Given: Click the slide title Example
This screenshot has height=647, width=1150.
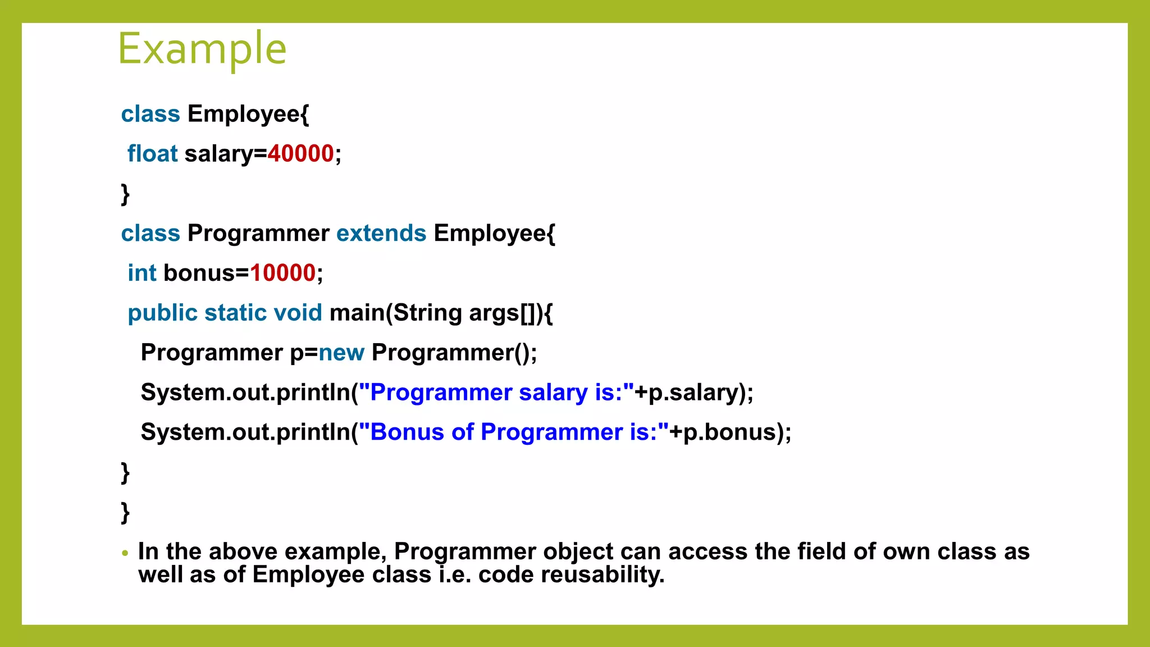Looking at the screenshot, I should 202,49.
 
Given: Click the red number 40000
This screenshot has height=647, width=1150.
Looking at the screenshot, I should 300,154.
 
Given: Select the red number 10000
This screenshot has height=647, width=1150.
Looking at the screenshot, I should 282,274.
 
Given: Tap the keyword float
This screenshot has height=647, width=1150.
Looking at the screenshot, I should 152,154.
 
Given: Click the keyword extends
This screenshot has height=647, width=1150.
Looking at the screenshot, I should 381,234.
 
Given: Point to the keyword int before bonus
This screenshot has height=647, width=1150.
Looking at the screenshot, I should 142,274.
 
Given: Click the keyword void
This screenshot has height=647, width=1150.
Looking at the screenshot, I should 298,313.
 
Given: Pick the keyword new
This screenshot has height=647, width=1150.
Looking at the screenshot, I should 341,353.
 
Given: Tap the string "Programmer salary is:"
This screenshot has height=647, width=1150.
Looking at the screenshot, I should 496,393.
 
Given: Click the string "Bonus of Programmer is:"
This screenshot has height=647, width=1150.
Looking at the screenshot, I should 514,432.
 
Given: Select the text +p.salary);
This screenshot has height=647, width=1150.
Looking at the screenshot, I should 694,393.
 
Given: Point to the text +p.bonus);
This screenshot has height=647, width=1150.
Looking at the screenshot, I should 731,432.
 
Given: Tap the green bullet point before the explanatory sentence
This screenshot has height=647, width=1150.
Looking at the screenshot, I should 125,553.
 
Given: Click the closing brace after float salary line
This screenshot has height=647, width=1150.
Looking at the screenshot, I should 125,194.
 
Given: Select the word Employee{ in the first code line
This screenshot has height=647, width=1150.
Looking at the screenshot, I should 248,114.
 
